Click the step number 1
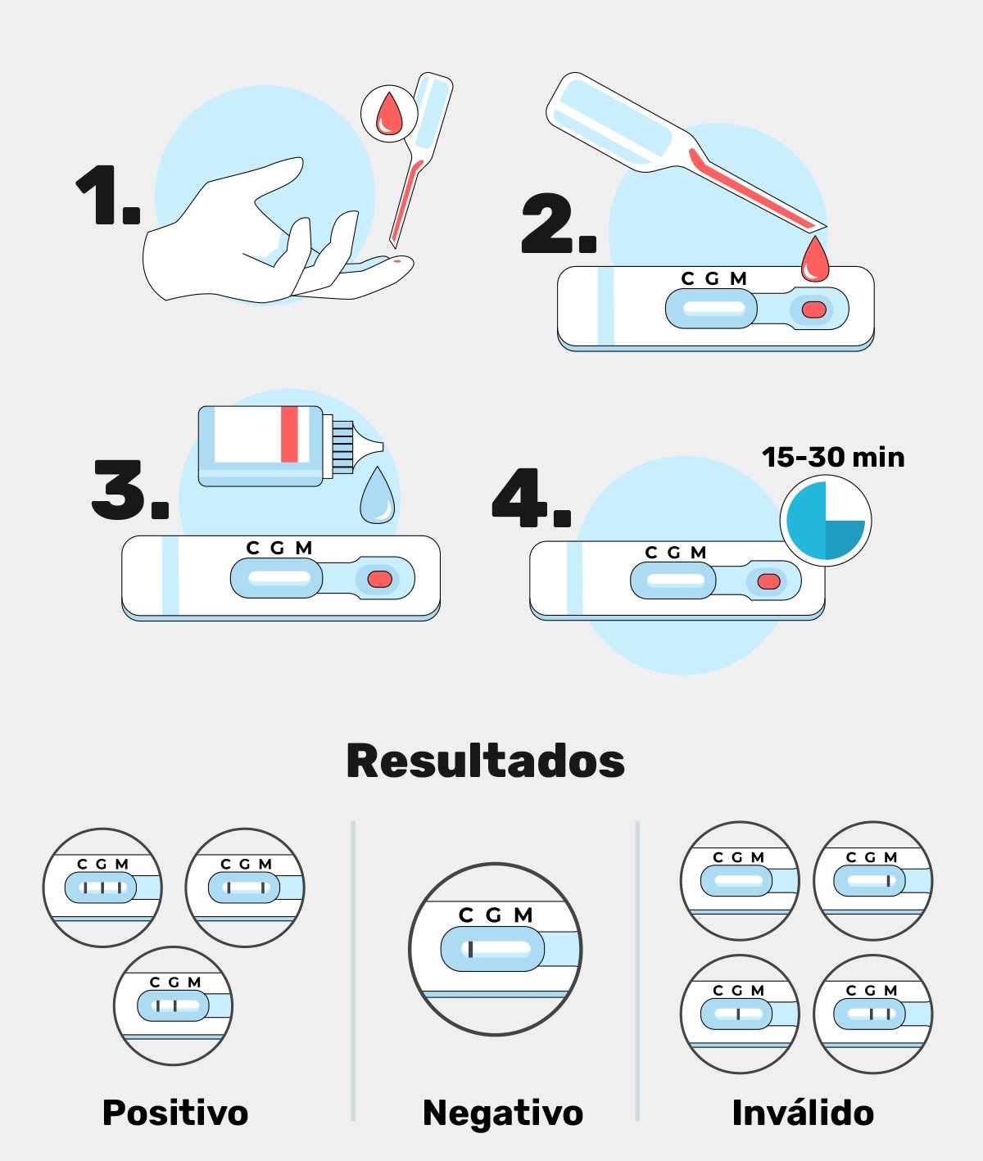point(108,195)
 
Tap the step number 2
point(559,223)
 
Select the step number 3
point(129,490)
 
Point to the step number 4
point(531,498)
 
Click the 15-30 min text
point(833,457)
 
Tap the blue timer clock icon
point(826,521)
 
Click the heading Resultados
point(486,761)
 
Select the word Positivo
point(175,1112)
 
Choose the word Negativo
point(502,1112)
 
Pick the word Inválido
point(803,1112)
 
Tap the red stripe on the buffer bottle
point(289,434)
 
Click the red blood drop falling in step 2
point(815,259)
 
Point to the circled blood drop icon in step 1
point(389,114)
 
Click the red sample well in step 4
point(769,581)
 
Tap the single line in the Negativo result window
point(470,949)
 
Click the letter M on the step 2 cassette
point(738,278)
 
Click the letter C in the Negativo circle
point(466,915)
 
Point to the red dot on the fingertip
point(397,260)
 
